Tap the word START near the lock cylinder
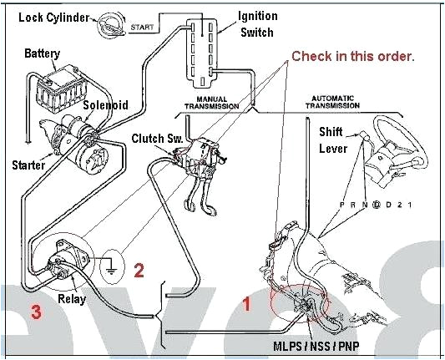tap(142, 28)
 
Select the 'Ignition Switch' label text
tap(259, 23)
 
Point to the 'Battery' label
tap(42, 54)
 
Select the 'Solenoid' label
tap(104, 105)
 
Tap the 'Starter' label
tap(28, 165)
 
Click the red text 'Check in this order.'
tap(352, 56)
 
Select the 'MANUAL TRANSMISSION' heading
tap(211, 103)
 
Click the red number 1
tap(245, 304)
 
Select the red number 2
tap(139, 270)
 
